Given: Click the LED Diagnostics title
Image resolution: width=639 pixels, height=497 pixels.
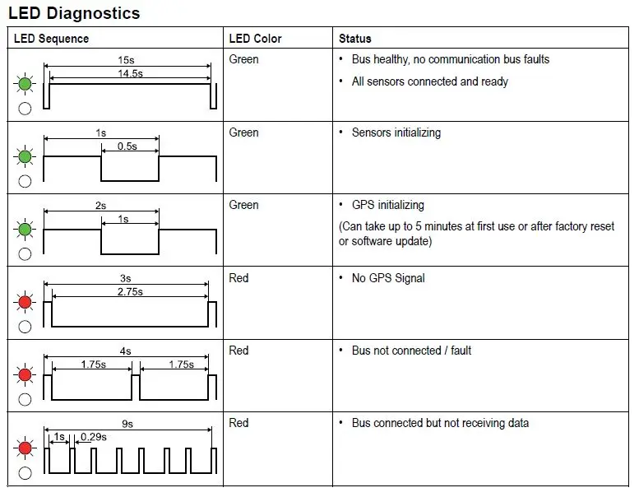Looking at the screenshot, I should pos(74,13).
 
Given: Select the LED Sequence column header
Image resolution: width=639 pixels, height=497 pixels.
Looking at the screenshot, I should pos(51,39).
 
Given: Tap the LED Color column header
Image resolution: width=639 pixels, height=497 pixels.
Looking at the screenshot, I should pos(255,39).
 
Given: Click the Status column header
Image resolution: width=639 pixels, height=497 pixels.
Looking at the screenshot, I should pos(355,39).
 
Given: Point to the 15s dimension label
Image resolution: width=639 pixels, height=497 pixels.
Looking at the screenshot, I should pos(126,60).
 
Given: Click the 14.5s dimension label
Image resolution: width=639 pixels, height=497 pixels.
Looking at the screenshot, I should pos(129,73).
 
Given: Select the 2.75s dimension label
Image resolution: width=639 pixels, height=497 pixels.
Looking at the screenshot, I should pos(129,291).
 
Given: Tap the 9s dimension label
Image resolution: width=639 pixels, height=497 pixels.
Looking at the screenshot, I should pos(127,424).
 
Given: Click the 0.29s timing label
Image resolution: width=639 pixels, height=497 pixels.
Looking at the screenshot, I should pos(93,437).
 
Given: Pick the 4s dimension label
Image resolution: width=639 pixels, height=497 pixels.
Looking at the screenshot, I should pos(125,351).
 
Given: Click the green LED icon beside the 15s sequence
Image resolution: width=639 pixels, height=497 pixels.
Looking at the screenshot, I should pos(25,84).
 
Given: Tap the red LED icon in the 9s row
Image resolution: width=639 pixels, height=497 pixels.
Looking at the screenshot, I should pos(25,448).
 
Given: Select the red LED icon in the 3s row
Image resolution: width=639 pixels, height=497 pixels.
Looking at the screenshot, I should pos(25,303).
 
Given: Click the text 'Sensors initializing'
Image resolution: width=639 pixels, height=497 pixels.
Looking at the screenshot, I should pos(396,132).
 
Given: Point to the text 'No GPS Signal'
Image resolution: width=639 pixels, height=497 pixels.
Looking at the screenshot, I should pos(388,278).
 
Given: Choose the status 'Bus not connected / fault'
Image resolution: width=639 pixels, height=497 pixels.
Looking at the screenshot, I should pos(411,351).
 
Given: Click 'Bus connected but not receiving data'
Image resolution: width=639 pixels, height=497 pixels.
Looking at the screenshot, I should pos(440,423).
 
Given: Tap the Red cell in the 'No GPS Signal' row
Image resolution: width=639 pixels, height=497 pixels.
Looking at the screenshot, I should pos(238,278).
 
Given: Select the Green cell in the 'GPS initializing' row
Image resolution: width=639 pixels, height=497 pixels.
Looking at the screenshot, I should pos(243,205).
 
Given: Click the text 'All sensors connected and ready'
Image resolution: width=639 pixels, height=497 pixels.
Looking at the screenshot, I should pos(429,81).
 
